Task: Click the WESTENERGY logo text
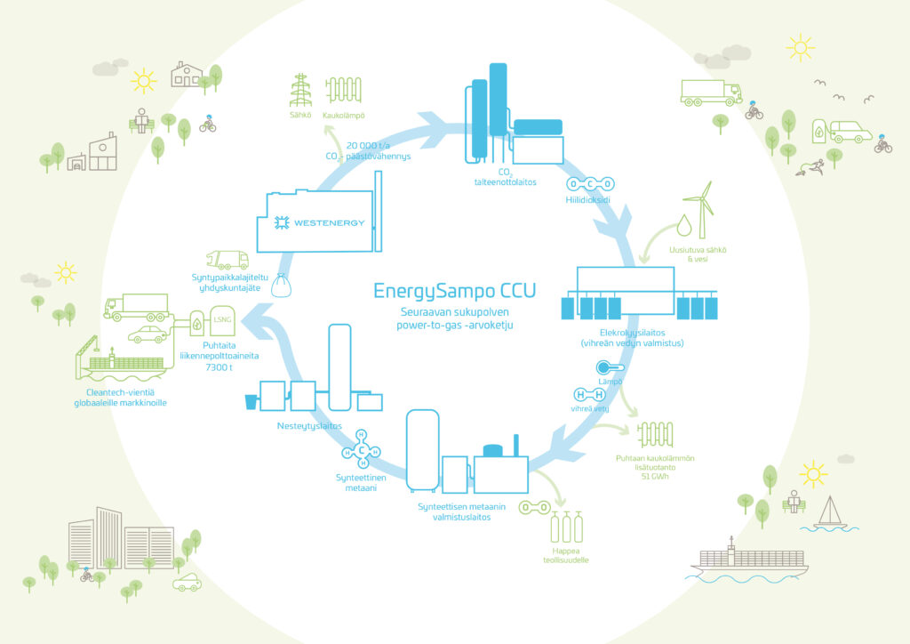[329, 223]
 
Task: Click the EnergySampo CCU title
[454, 291]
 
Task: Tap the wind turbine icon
[700, 209]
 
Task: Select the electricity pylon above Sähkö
[300, 91]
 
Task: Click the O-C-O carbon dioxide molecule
[590, 184]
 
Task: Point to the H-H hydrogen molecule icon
[590, 395]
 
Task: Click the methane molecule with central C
[361, 449]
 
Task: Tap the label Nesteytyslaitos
[309, 426]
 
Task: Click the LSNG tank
[222, 320]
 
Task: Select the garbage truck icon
[227, 260]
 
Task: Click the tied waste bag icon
[282, 286]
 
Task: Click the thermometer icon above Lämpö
[610, 367]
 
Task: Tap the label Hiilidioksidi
[588, 200]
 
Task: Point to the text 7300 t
[219, 367]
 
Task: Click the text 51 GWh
[655, 477]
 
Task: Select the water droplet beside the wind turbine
[684, 225]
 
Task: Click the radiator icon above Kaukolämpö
[344, 90]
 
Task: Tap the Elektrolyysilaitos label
[633, 333]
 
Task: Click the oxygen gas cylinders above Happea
[566, 527]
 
